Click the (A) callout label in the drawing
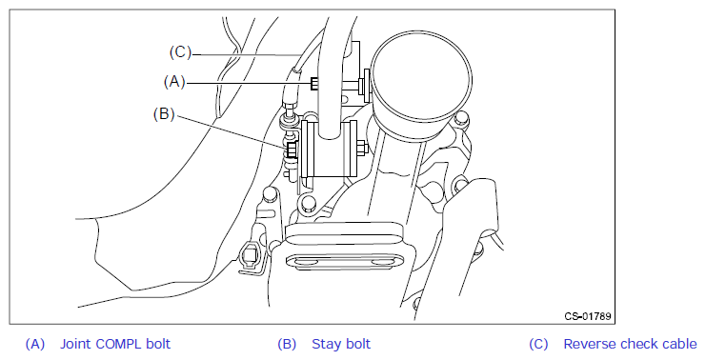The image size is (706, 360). coord(174,82)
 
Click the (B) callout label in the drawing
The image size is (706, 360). coord(164,114)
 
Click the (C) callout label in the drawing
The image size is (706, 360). coord(181,52)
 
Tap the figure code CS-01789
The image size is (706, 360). coord(588,316)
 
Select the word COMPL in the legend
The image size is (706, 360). coord(119,344)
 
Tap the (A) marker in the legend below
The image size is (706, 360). coord(35,344)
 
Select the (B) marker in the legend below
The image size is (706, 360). coord(287,344)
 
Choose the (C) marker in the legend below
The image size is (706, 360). coord(538,344)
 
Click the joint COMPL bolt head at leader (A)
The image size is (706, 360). coord(314,83)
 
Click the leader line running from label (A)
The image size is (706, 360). coord(249,83)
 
